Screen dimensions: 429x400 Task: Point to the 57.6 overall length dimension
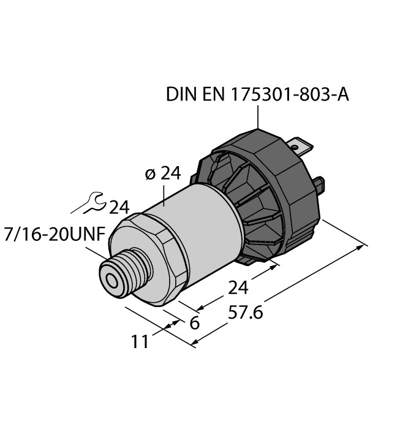245,313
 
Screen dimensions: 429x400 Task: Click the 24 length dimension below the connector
239,287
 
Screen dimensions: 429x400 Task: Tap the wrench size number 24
119,208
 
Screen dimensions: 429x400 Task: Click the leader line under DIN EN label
258,116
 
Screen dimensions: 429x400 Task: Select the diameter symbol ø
149,174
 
